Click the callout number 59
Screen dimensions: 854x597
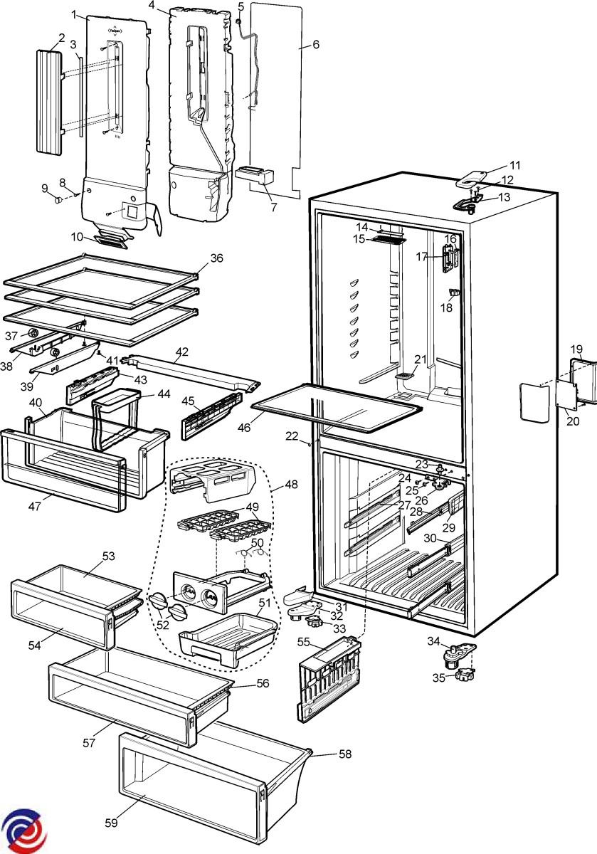[110, 823]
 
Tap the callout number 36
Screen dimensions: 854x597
[216, 258]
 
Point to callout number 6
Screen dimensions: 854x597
[315, 44]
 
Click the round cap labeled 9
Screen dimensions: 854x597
[52, 200]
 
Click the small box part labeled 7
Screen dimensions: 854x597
[254, 174]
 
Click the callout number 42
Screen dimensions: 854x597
[182, 351]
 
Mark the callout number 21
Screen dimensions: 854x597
[421, 359]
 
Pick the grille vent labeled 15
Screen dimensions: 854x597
[388, 241]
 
